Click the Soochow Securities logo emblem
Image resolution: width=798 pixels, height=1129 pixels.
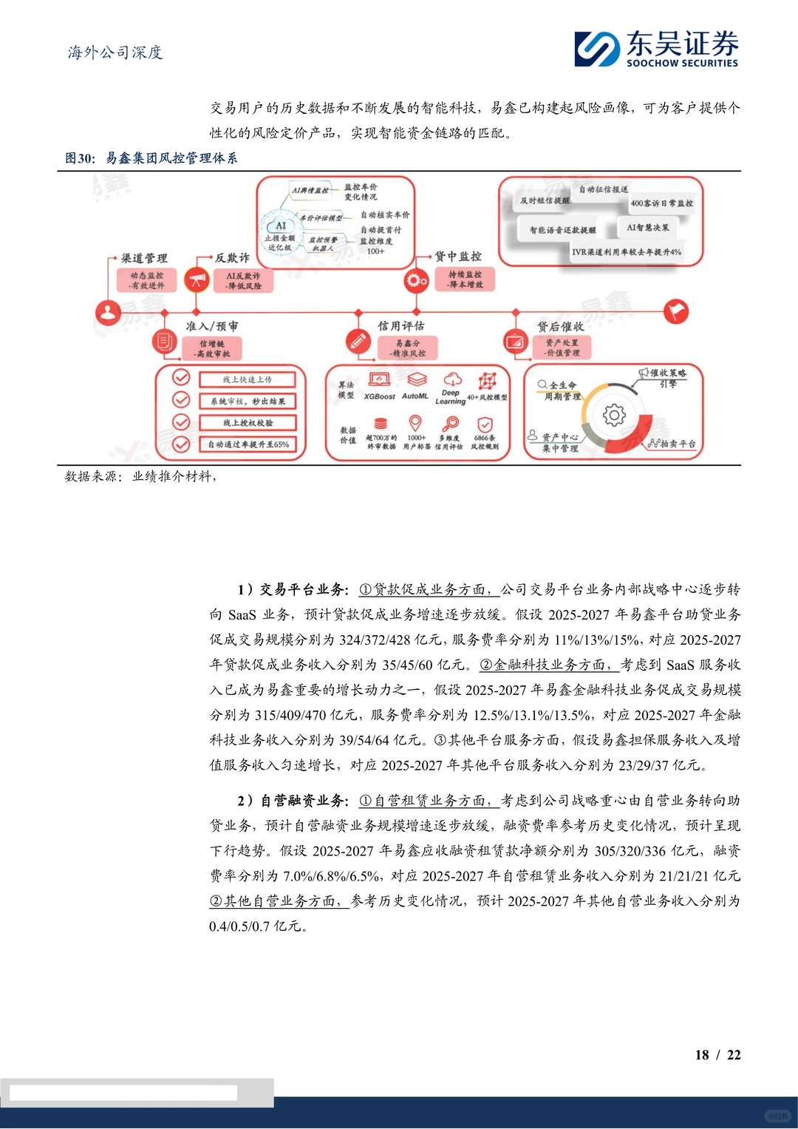597,49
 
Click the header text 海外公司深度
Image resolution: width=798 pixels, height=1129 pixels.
115,52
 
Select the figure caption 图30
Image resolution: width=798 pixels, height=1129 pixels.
80,158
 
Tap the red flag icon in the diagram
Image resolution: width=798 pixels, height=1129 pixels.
675,311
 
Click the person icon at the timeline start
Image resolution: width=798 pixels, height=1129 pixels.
109,313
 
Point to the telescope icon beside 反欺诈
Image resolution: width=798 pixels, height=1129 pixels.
197,280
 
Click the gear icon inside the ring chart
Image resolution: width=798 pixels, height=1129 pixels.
614,415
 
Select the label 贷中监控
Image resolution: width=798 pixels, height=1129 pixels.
457,257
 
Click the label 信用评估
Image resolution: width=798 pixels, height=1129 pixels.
401,326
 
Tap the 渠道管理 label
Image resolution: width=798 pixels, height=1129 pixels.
145,258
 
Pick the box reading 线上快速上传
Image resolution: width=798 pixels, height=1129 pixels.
248,379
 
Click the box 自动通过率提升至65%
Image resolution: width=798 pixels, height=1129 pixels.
248,444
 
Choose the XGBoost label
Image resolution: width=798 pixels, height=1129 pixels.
379,396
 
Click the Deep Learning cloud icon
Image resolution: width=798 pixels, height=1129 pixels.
452,379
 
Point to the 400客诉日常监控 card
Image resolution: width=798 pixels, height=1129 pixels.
661,203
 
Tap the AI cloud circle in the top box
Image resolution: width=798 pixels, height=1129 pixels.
281,226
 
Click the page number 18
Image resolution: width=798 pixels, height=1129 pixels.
702,1055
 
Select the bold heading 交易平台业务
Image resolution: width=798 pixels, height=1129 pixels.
302,589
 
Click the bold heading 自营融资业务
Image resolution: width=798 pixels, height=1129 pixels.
302,801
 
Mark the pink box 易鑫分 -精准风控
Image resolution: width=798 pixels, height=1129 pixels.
407,348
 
